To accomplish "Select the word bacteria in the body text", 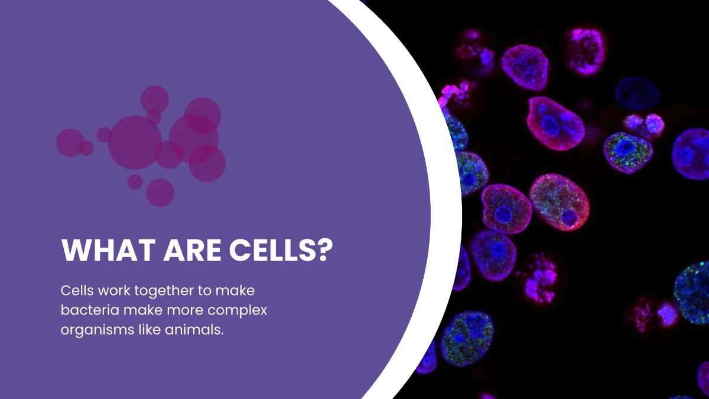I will (x=86, y=310).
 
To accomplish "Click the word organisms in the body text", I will (x=92, y=330).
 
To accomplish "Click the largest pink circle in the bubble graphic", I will (x=135, y=142).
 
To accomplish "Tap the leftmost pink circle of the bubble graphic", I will (x=70, y=142).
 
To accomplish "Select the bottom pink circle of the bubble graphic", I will (x=160, y=193).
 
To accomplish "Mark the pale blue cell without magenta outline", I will (x=635, y=92).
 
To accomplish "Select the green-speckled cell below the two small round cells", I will (x=628, y=151).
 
